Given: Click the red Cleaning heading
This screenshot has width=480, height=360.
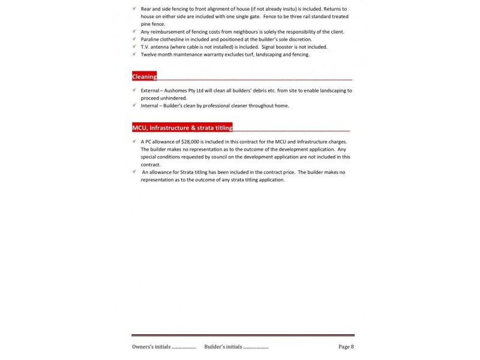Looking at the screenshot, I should pos(145,77).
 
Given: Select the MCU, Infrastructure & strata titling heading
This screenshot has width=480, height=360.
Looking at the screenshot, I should pos(182,128).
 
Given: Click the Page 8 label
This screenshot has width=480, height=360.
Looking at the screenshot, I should pos(346,346).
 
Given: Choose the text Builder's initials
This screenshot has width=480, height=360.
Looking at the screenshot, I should pos(223,346).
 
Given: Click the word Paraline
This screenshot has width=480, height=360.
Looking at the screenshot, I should pos(151,39).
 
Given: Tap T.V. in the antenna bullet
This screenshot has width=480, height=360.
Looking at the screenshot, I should pos(146,47).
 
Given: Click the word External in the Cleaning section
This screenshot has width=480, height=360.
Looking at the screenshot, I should pos(152,90).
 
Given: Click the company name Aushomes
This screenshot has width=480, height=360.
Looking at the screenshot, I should pos(181,90).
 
